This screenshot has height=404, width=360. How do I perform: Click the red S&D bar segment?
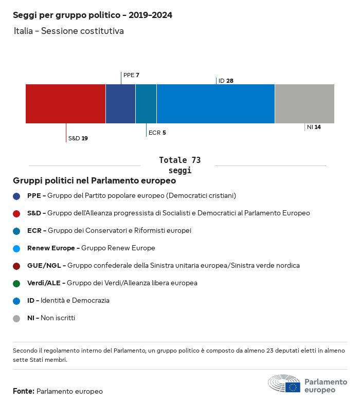tap(65, 104)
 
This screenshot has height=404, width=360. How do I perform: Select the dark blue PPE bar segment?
tap(120, 104)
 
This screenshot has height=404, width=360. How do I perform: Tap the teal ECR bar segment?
tap(146, 104)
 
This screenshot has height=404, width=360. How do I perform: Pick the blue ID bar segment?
tap(215, 104)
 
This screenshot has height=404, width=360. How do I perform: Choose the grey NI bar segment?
tap(304, 104)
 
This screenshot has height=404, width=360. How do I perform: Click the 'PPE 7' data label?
tap(131, 75)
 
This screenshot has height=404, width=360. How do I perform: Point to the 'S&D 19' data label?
tap(78, 138)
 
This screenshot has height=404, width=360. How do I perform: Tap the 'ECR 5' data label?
tap(157, 133)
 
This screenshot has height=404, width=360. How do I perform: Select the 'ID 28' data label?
tap(226, 81)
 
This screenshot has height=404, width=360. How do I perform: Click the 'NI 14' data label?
tap(314, 127)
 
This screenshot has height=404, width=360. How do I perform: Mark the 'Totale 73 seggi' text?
tap(179, 165)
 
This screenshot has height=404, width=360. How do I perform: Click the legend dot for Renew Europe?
tap(16, 248)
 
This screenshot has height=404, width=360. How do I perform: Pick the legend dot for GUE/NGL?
tap(16, 266)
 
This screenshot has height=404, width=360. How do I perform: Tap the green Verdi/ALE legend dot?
tap(16, 283)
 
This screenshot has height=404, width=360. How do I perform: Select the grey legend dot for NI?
tap(16, 318)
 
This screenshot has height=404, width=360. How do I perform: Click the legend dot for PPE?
tap(16, 196)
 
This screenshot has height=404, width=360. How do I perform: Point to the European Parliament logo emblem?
tap(284, 384)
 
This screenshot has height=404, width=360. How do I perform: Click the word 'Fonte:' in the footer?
tap(24, 391)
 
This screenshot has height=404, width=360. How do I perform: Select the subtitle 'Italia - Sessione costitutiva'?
tap(69, 31)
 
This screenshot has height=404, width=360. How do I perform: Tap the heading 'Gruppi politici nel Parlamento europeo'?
tap(95, 181)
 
